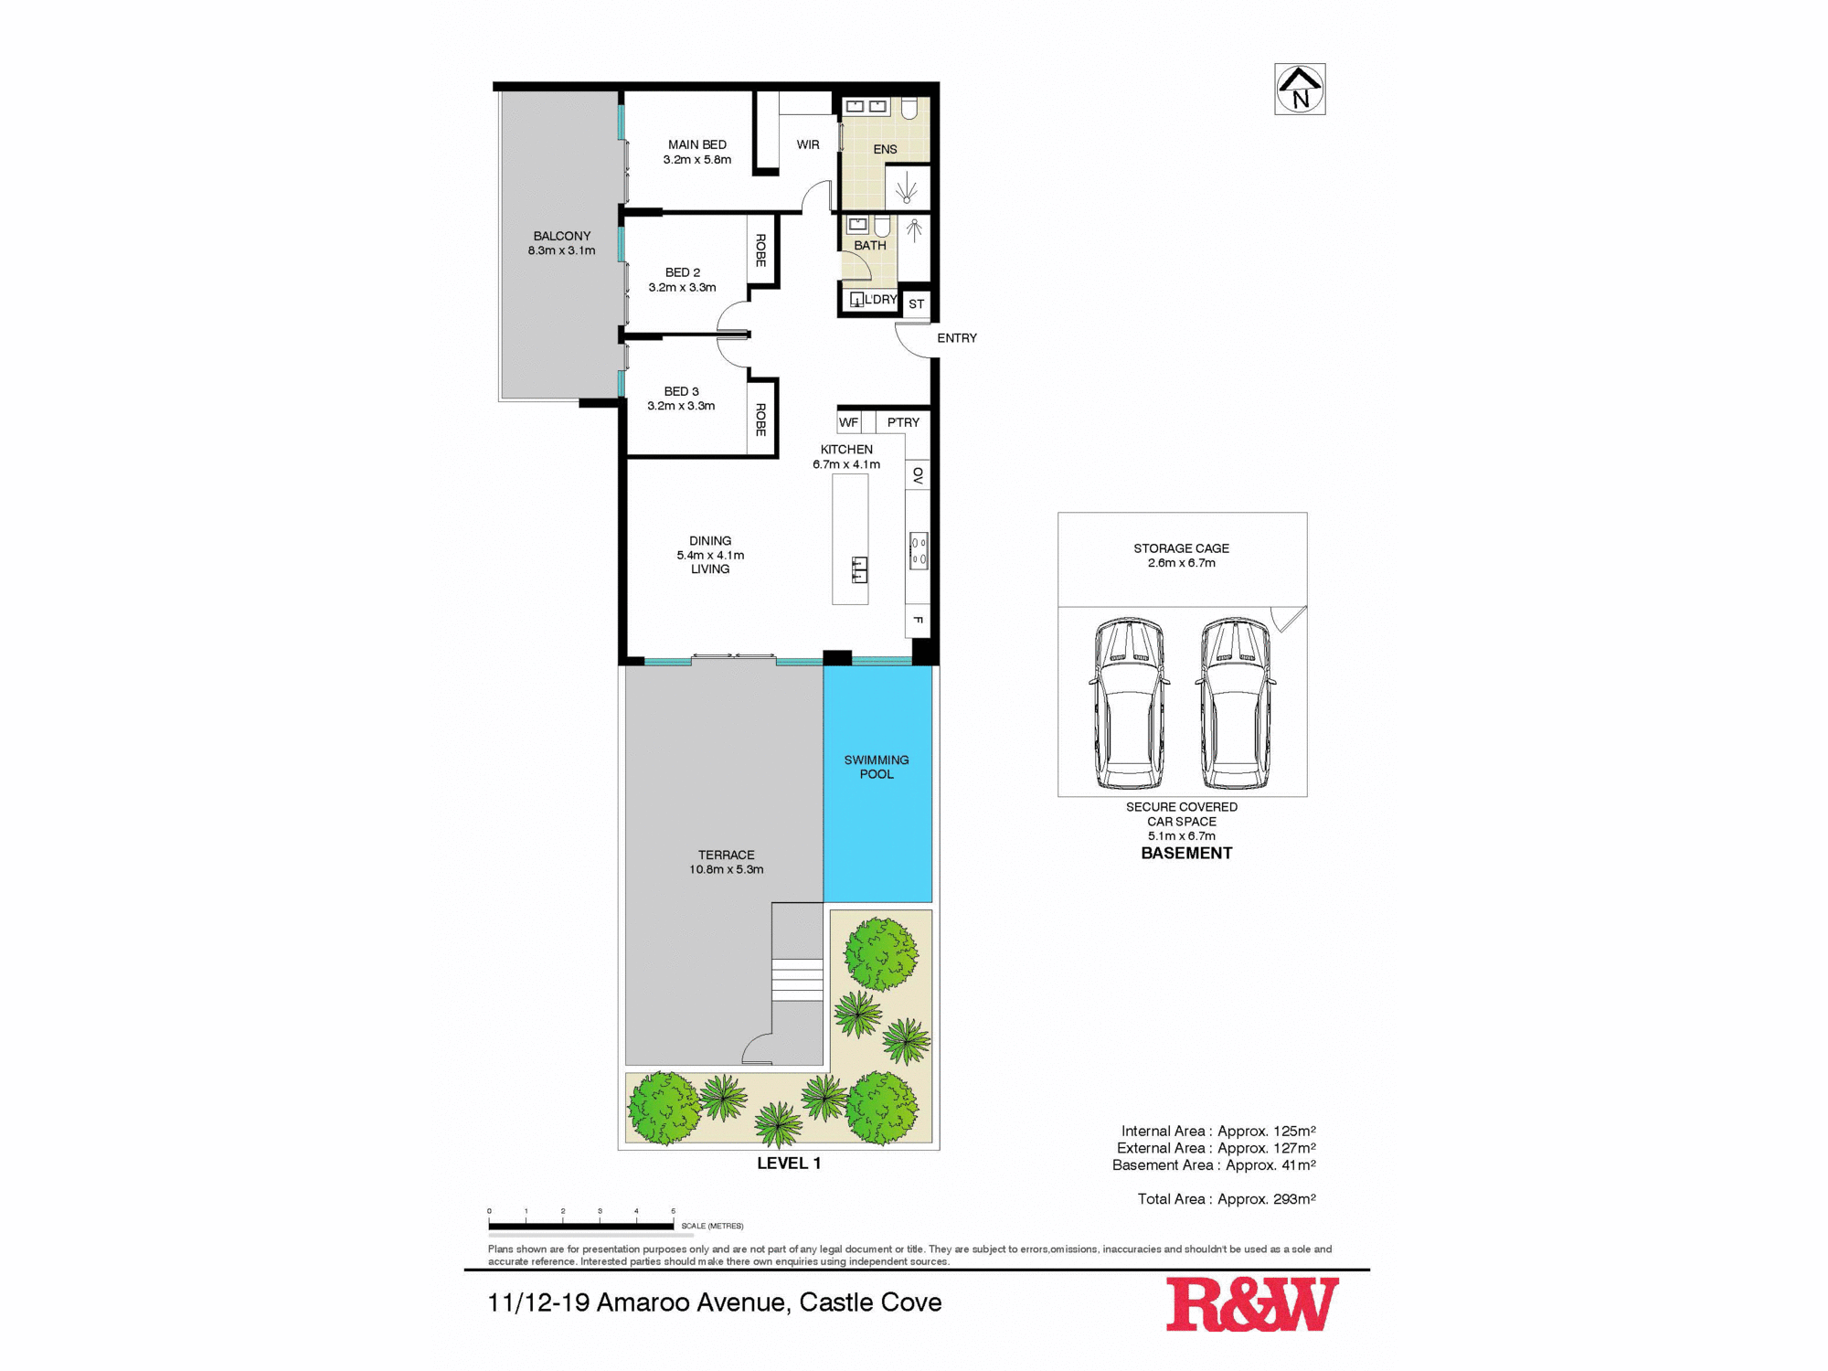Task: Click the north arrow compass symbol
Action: pyautogui.click(x=1300, y=90)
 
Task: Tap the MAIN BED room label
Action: pyautogui.click(x=697, y=145)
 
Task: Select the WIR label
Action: pyautogui.click(x=808, y=144)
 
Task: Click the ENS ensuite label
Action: pyautogui.click(x=885, y=149)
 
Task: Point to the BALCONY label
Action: pyautogui.click(x=562, y=236)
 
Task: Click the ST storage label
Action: pyautogui.click(x=917, y=304)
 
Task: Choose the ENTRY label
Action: pyautogui.click(x=957, y=338)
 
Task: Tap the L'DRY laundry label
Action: pyautogui.click(x=880, y=300)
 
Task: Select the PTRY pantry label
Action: pyautogui.click(x=903, y=422)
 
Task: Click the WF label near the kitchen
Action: pyautogui.click(x=848, y=422)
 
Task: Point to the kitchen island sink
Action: pyautogui.click(x=859, y=569)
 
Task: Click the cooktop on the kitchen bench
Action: pyautogui.click(x=919, y=550)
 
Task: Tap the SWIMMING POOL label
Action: pyautogui.click(x=877, y=767)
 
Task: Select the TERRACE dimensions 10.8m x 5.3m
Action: pyautogui.click(x=727, y=869)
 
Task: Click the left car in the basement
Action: pyautogui.click(x=1130, y=704)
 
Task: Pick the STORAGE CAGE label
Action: pyautogui.click(x=1181, y=548)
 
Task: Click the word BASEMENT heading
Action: pyautogui.click(x=1186, y=853)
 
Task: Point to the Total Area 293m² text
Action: pyautogui.click(x=1227, y=1199)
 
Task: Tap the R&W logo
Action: pyautogui.click(x=1251, y=1304)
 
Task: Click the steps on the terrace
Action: pyautogui.click(x=797, y=979)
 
